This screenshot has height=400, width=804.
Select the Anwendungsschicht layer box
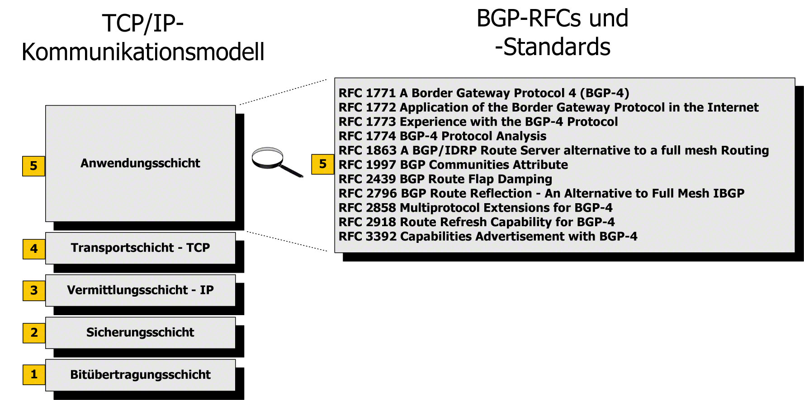[x=140, y=163]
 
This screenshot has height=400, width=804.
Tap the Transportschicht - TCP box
[x=140, y=248]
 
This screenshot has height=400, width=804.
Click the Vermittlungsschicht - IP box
[x=140, y=290]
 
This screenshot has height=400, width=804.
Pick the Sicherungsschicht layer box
[x=140, y=332]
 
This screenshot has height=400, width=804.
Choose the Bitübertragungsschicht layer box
[x=140, y=375]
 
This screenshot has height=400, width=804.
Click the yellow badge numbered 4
[x=34, y=249]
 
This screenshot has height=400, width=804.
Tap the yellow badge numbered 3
[x=34, y=290]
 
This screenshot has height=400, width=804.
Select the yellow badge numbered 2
[x=34, y=333]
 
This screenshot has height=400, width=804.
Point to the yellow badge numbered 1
[x=34, y=374]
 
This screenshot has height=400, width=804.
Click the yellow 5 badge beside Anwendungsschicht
[x=33, y=166]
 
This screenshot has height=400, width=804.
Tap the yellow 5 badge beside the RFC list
[x=322, y=164]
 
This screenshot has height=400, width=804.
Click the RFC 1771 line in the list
[x=483, y=93]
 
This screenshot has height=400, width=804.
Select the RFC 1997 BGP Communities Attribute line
[x=453, y=165]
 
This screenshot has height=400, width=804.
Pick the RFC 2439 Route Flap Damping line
[x=445, y=179]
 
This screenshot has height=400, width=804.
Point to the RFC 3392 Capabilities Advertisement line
[x=487, y=237]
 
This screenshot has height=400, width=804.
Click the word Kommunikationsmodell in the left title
[x=143, y=52]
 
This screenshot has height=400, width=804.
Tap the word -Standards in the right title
[x=553, y=47]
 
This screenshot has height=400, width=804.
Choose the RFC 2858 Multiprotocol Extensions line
[x=475, y=208]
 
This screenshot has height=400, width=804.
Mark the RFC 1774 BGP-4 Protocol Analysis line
[x=442, y=136]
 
